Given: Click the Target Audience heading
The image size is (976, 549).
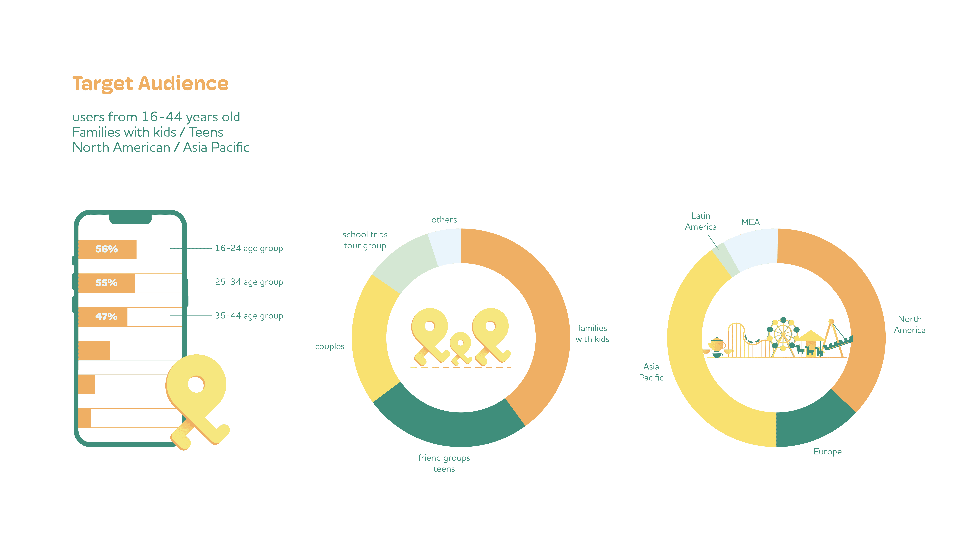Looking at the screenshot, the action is pyautogui.click(x=150, y=84).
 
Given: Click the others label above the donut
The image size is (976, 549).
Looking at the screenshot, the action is pyautogui.click(x=444, y=220).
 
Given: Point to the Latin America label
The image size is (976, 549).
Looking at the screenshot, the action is pyautogui.click(x=701, y=221).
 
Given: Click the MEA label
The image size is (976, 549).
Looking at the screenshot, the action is pyautogui.click(x=750, y=222).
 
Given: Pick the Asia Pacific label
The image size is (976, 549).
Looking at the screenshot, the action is pyautogui.click(x=651, y=372).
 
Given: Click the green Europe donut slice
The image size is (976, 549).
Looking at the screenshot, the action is pyautogui.click(x=811, y=424).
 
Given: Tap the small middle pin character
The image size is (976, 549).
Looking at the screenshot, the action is pyautogui.click(x=460, y=347).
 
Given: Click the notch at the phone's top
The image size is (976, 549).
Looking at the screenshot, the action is pyautogui.click(x=130, y=219).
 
